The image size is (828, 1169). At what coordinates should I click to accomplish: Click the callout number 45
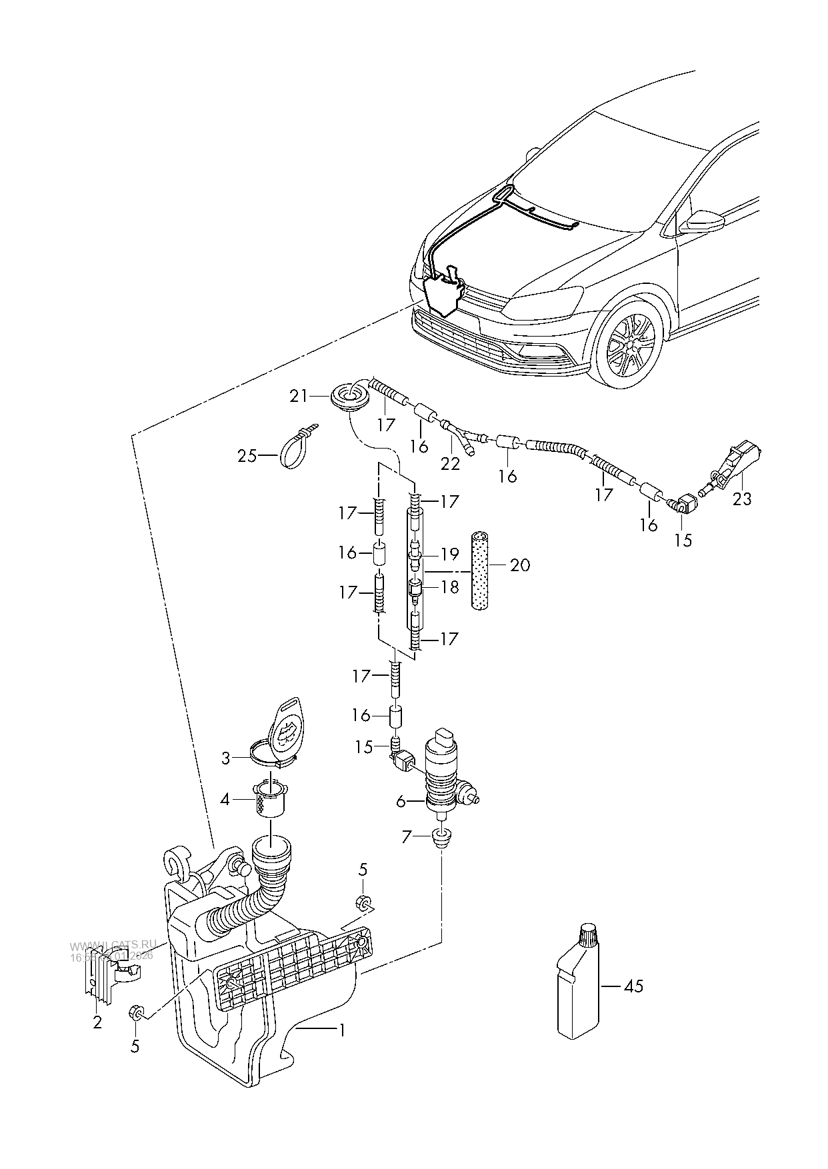click(x=634, y=985)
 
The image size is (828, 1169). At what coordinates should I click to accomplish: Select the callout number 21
click(x=298, y=396)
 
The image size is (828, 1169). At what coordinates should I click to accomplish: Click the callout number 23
click(x=741, y=499)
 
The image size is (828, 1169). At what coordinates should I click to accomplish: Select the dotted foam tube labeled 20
click(x=480, y=571)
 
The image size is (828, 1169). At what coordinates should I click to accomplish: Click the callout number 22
click(x=451, y=463)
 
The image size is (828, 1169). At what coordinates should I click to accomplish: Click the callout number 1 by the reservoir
click(x=341, y=1030)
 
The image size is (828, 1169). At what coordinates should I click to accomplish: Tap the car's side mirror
click(x=701, y=221)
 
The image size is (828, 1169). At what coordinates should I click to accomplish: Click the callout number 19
click(x=450, y=554)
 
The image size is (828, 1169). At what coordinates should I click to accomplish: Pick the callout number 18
click(x=450, y=587)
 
